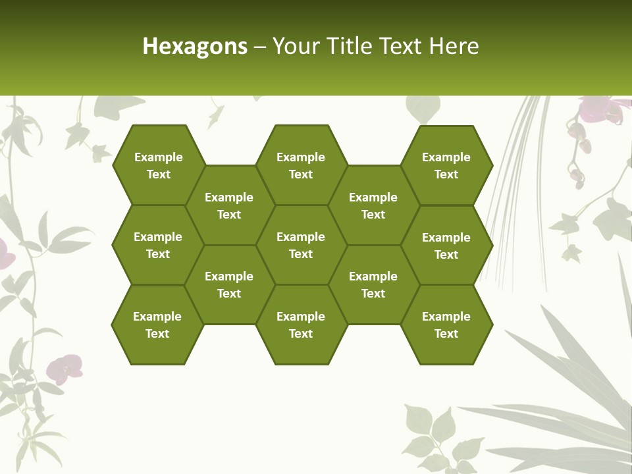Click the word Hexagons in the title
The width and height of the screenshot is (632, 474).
(x=195, y=46)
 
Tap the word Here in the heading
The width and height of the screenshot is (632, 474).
(x=454, y=46)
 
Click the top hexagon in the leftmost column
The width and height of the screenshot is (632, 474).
(x=158, y=165)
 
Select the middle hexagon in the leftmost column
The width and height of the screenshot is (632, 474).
(x=158, y=245)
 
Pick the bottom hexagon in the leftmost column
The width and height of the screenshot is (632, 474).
(x=157, y=325)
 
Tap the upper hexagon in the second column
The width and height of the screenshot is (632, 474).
(x=229, y=205)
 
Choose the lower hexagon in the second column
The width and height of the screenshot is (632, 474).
(x=229, y=284)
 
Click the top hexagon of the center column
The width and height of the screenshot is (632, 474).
(x=301, y=165)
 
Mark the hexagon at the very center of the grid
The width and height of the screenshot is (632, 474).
(x=301, y=245)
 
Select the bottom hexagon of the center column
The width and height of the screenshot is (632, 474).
(x=301, y=325)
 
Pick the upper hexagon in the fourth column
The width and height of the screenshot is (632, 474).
(x=373, y=205)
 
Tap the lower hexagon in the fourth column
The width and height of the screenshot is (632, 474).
(x=373, y=284)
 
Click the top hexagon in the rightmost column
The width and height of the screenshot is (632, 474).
(x=446, y=165)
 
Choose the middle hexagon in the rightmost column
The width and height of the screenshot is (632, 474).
(x=446, y=246)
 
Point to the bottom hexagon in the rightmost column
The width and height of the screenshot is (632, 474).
(x=446, y=325)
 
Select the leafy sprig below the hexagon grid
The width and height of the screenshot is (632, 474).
(x=431, y=434)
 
